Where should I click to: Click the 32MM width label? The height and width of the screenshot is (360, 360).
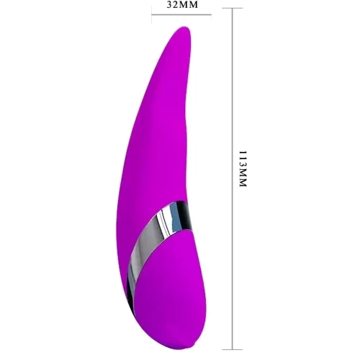tap(182, 5)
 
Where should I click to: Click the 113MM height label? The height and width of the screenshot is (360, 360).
tap(243, 168)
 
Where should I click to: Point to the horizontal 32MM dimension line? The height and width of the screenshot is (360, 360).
tap(181, 15)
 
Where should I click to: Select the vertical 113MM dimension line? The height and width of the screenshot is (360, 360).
tap(232, 179)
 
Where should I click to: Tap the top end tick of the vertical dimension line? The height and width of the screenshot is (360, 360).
tap(232, 8)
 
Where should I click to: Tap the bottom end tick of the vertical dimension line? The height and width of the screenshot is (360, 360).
tap(232, 349)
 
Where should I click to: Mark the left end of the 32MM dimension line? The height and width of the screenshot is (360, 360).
tap(152, 15)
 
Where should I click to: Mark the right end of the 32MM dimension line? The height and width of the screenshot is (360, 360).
tap(211, 15)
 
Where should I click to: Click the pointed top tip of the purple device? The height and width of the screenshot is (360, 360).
tap(186, 27)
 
